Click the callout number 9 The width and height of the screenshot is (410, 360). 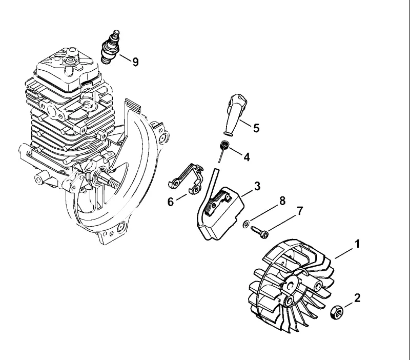(x=135, y=62)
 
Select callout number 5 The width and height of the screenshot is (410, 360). (x=256, y=128)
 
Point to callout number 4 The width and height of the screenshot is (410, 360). (x=247, y=157)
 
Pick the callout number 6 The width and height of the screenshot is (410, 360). (x=171, y=202)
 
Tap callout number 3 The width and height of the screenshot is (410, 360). (x=257, y=186)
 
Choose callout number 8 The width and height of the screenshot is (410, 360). (x=282, y=201)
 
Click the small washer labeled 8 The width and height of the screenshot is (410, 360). (x=246, y=224)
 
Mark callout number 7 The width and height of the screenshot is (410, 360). (x=299, y=211)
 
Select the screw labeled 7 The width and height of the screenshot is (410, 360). (x=260, y=232)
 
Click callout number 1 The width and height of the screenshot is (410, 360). (x=357, y=244)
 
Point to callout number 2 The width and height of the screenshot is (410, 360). (x=357, y=298)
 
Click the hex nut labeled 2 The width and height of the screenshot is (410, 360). (x=337, y=312)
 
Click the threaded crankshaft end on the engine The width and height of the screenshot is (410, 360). (x=114, y=183)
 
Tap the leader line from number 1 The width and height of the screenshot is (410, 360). (x=343, y=254)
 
